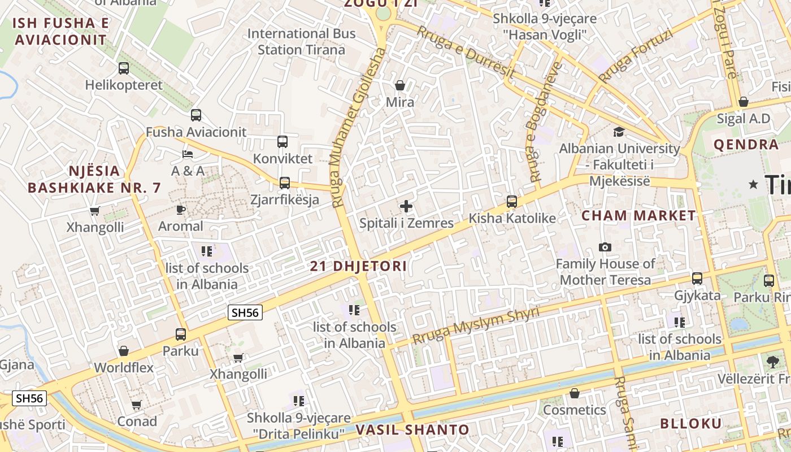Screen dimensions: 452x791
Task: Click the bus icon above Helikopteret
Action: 124,68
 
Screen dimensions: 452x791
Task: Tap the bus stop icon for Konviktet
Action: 282,142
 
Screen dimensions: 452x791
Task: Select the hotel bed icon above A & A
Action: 188,154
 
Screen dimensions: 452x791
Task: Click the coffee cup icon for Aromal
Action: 180,210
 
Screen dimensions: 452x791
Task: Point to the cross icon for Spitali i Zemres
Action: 406,206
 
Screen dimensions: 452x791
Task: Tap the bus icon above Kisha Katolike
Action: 512,201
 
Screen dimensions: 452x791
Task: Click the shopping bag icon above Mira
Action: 400,85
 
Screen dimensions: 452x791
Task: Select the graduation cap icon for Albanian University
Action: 619,132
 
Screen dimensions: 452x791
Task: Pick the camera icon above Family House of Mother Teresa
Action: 605,247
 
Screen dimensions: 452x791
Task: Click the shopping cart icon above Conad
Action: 136,405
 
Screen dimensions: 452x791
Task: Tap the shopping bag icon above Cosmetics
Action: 575,393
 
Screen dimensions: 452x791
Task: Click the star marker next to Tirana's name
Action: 753,184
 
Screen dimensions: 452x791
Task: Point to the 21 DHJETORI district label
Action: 358,266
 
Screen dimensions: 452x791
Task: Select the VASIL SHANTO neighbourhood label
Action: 412,430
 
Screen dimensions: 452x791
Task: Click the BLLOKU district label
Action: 691,424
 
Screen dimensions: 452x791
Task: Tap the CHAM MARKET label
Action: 639,215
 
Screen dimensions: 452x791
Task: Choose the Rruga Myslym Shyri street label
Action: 476,326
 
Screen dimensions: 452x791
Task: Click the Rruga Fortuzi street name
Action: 636,56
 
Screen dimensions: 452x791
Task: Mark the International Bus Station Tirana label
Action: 302,41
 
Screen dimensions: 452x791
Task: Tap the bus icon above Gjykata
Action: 697,279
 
